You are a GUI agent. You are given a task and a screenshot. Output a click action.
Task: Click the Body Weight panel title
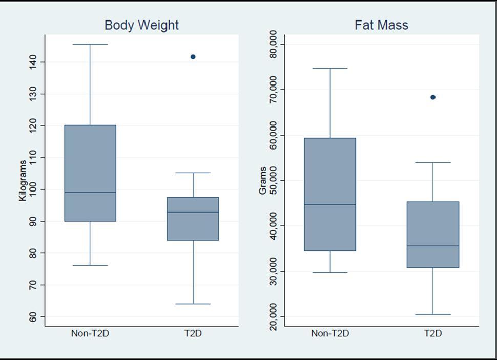(x=141, y=25)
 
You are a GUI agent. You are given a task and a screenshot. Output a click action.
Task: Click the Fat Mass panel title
(x=381, y=25)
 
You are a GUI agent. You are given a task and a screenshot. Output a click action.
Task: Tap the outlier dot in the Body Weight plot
(x=193, y=57)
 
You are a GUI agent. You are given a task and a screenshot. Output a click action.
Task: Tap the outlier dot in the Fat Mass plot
(x=433, y=97)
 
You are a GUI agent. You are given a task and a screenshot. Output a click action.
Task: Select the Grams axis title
(x=262, y=180)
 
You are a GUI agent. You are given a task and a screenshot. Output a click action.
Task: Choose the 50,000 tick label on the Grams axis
(x=274, y=180)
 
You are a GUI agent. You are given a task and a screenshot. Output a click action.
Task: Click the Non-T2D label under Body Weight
(x=90, y=333)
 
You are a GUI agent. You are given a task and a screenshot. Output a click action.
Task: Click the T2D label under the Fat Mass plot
(x=433, y=333)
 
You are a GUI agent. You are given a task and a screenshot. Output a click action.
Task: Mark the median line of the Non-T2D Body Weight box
(x=90, y=192)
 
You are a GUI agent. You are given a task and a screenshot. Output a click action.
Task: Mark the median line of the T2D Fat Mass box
(x=433, y=246)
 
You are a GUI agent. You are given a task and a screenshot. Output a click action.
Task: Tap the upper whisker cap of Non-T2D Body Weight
(x=90, y=44)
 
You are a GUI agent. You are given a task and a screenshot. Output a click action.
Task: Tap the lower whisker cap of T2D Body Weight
(x=193, y=304)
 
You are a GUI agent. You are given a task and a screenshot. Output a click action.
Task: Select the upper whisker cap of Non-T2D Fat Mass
(x=330, y=68)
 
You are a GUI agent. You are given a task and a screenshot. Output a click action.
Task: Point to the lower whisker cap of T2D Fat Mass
(x=433, y=314)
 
